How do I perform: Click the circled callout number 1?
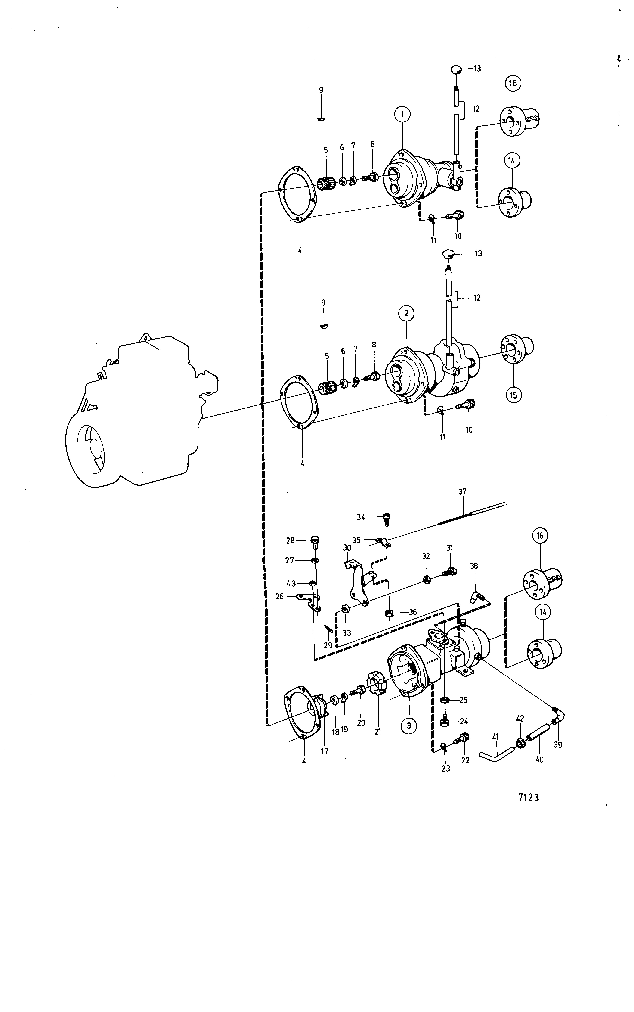(x=402, y=114)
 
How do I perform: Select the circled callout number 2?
(x=406, y=313)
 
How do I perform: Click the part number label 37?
(x=462, y=492)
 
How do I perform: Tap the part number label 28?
(x=290, y=541)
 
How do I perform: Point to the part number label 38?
(x=474, y=566)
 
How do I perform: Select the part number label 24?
(x=464, y=721)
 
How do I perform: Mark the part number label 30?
(x=347, y=548)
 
